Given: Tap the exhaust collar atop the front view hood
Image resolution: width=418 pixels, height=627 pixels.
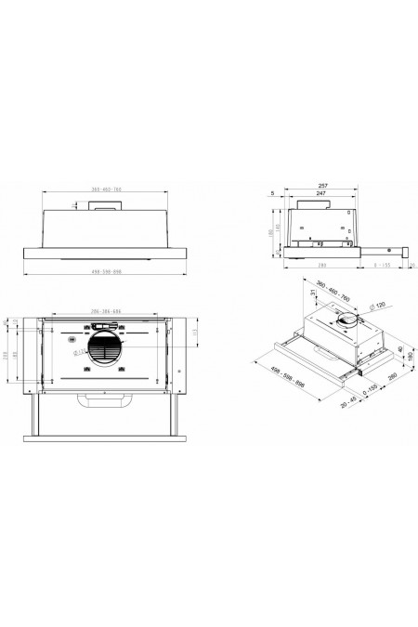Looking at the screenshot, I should [104, 208].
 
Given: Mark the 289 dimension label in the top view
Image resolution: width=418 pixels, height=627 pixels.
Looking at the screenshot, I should [7, 359].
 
